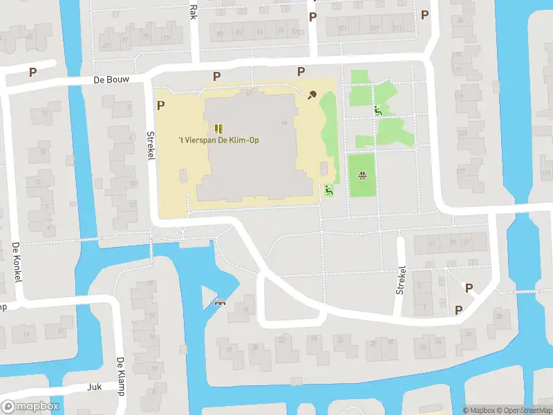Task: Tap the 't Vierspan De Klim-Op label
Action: click(x=218, y=140)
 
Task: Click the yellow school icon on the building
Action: click(x=219, y=128)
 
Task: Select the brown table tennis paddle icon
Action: click(x=312, y=95)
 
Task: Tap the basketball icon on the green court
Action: click(x=362, y=175)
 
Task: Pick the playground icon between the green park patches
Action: click(x=378, y=111)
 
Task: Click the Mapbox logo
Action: click(x=30, y=407)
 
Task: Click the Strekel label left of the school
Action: click(x=150, y=146)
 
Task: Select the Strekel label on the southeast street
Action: click(x=401, y=280)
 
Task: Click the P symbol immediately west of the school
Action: click(x=161, y=105)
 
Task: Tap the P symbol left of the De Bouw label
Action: click(x=32, y=71)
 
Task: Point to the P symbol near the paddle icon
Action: click(x=301, y=71)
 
